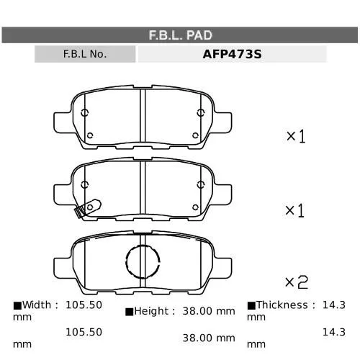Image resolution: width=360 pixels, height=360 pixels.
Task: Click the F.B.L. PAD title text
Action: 181,35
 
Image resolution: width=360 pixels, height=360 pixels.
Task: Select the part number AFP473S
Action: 232,54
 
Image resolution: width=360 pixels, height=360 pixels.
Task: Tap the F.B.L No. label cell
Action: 85,54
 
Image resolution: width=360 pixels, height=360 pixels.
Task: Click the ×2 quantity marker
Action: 297,282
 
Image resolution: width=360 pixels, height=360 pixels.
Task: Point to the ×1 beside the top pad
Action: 296,136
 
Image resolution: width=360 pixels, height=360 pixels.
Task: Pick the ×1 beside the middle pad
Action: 295,211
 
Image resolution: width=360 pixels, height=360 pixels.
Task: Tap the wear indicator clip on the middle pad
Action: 88,208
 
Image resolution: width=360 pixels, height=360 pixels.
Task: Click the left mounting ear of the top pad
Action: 63,122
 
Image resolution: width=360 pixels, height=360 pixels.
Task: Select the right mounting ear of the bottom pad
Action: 223,269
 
